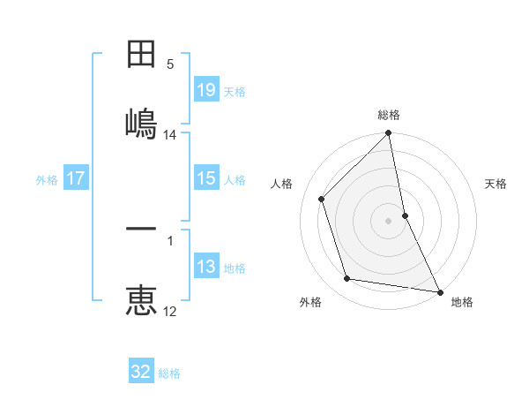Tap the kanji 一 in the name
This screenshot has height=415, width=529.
(x=141, y=229)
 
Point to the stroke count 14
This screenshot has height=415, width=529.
(x=170, y=135)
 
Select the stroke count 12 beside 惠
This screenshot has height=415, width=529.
(x=170, y=312)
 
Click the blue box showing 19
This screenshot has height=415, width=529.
(x=206, y=90)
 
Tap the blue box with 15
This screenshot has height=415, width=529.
(x=206, y=178)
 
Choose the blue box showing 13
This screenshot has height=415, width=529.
(x=206, y=267)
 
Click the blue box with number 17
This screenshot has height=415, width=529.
(x=76, y=178)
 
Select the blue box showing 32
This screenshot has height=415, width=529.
(x=141, y=372)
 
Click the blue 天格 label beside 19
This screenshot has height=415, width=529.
(x=235, y=92)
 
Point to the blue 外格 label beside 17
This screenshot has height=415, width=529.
(x=47, y=180)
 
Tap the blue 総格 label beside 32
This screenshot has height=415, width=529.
(x=169, y=373)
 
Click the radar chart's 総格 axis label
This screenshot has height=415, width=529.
(x=389, y=115)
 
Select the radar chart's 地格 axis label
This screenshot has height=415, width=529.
(x=462, y=302)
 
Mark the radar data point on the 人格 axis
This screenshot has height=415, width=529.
(x=322, y=199)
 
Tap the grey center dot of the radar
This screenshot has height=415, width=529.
(x=389, y=221)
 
